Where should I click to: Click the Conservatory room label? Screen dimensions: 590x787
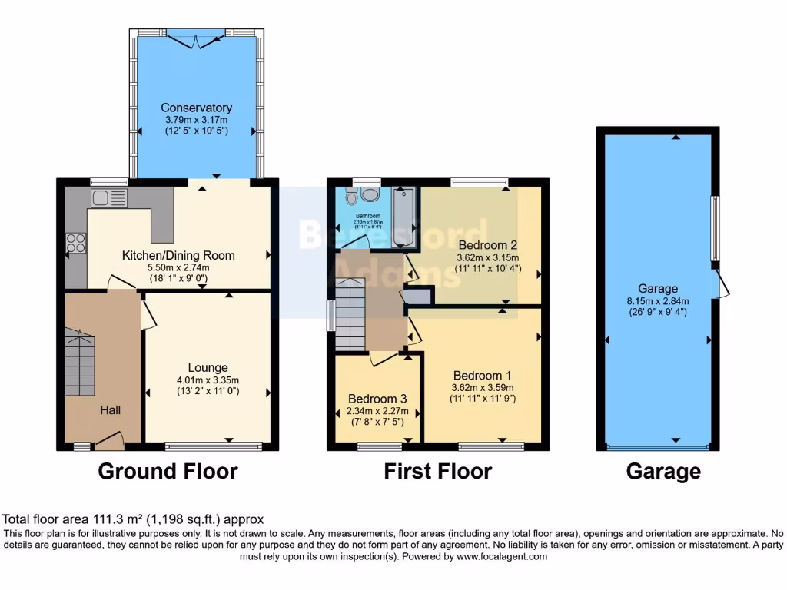coord(196,108)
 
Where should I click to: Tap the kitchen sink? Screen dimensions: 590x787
coord(103,198)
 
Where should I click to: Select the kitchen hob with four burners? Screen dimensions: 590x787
coord(76,243)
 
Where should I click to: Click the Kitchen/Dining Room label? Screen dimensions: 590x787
coord(178,255)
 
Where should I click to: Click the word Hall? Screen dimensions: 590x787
coord(109,411)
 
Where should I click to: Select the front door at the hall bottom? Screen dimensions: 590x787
coord(109,442)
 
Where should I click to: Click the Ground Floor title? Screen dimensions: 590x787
coord(168,471)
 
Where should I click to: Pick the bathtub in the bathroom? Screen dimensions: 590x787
coord(403,217)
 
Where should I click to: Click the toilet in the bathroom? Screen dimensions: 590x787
coord(352,198)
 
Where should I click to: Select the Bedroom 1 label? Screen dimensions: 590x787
coord(482,376)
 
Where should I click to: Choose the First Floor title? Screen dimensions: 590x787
coord(437,471)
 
